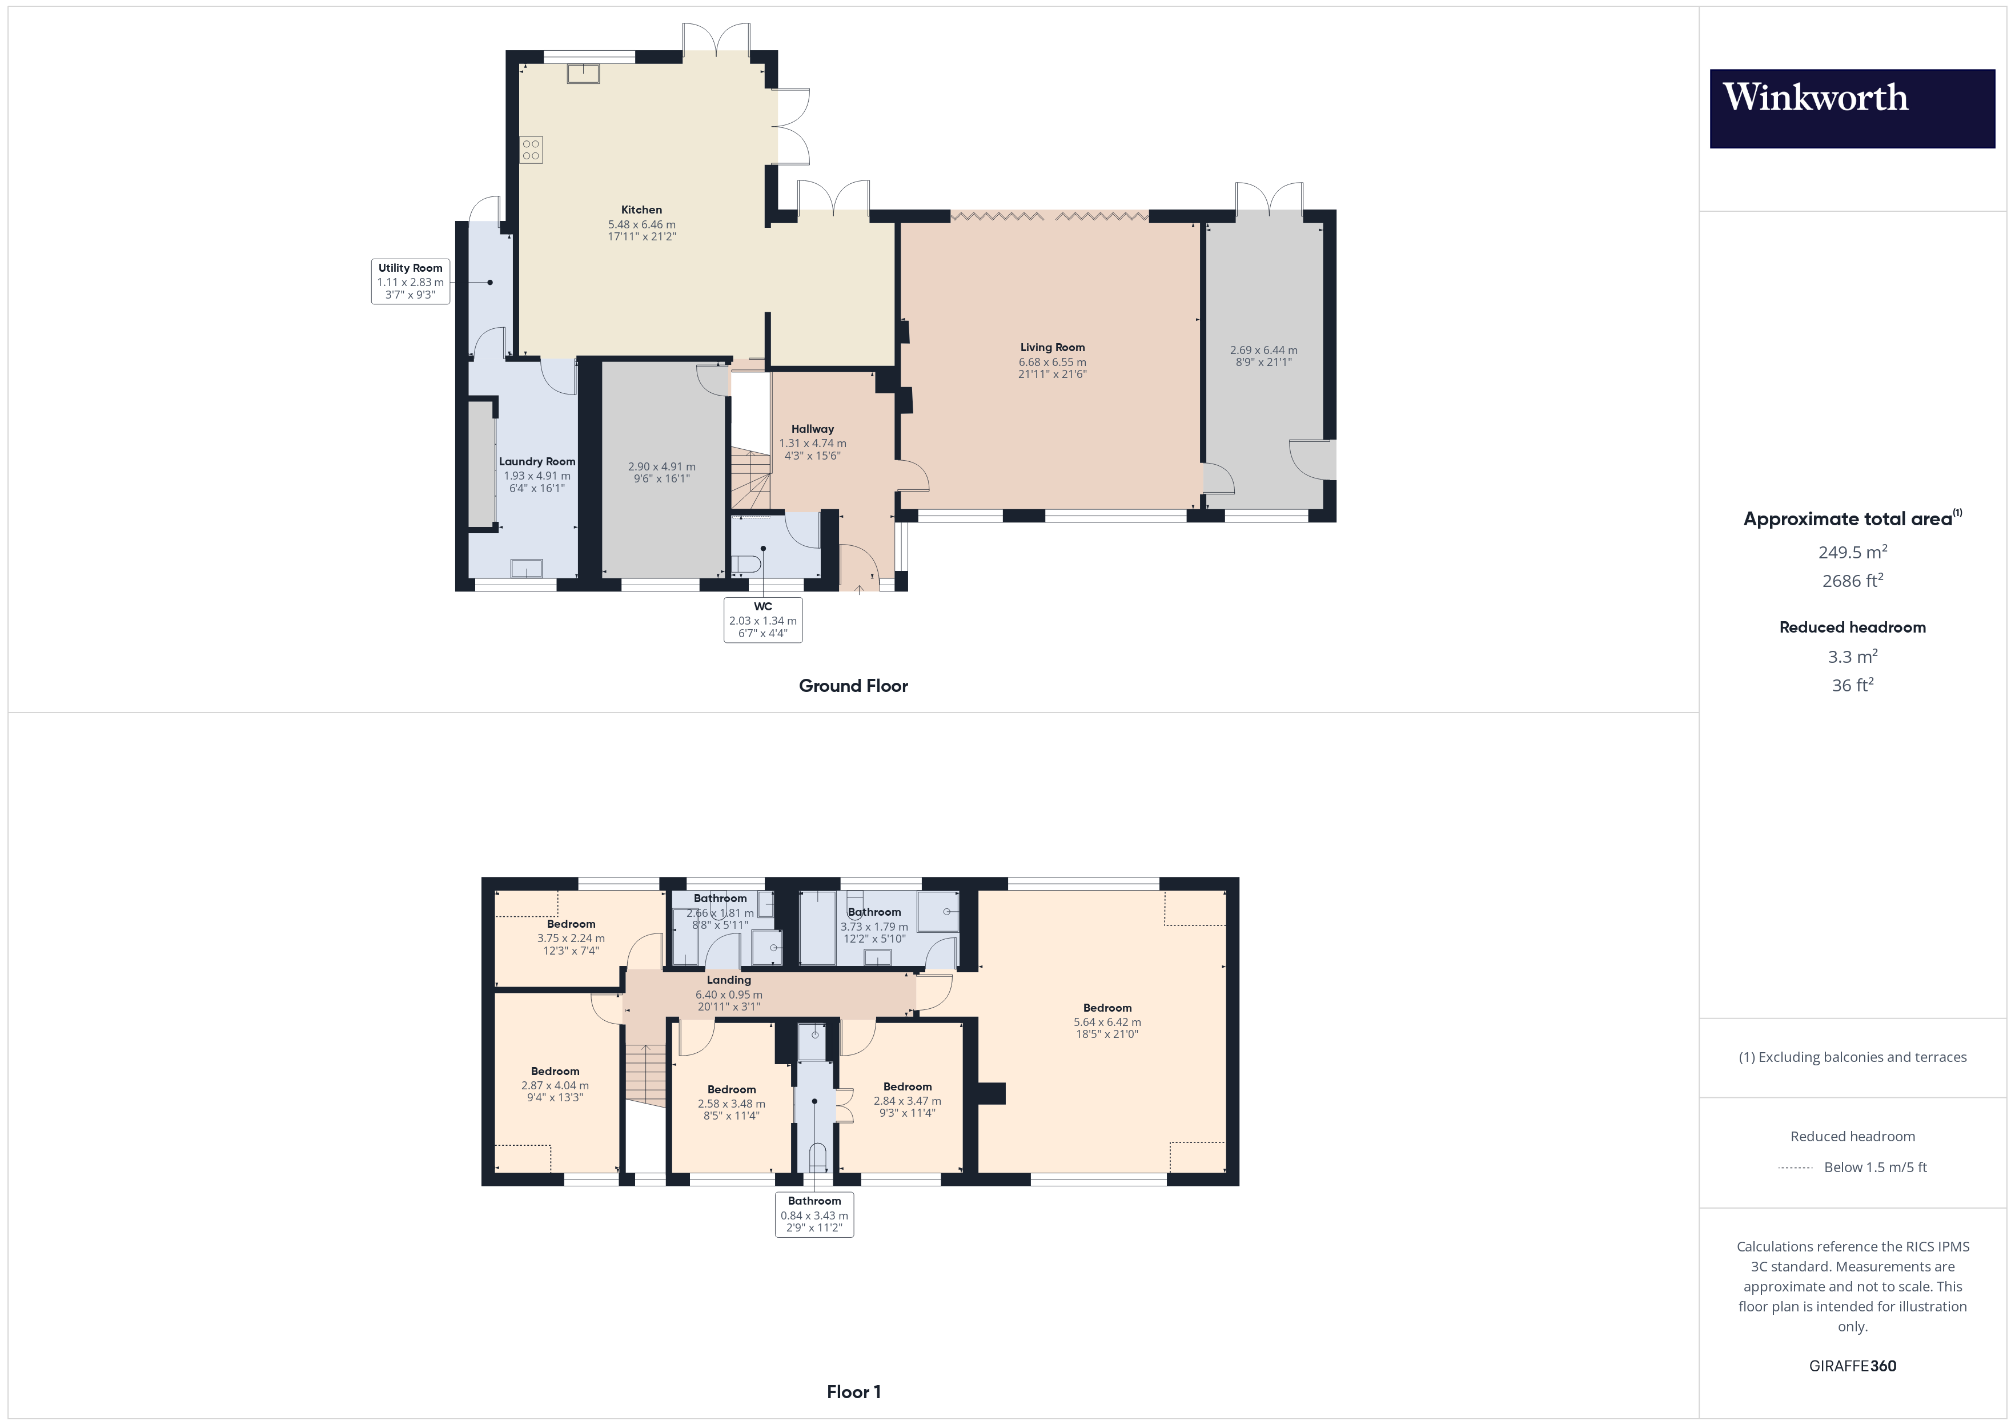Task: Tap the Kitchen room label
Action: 641,210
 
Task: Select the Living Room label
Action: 1052,348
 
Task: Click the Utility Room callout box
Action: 411,281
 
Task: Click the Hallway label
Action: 813,429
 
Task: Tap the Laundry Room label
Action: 537,461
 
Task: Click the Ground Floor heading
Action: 853,686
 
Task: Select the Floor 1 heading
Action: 853,1392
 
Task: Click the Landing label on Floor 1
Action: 729,980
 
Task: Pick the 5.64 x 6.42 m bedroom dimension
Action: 1107,1023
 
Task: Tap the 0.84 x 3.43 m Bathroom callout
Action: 814,1214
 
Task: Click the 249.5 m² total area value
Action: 1853,552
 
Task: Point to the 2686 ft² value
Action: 1853,581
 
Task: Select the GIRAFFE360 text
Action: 1853,1366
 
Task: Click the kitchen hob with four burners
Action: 531,150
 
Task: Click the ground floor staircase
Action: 750,478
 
